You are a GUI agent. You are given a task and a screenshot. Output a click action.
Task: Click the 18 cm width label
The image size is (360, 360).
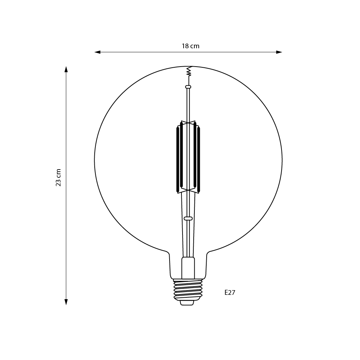(190, 46)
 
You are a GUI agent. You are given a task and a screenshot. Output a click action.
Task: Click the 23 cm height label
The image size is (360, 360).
(58, 177)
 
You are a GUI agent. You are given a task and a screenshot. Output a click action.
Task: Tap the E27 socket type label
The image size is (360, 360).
(230, 292)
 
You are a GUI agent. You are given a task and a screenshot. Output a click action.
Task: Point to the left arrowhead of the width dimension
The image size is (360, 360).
(97, 52)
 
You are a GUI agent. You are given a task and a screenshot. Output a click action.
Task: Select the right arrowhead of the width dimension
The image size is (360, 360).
(279, 52)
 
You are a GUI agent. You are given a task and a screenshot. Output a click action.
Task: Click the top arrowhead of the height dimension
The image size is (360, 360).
(66, 69)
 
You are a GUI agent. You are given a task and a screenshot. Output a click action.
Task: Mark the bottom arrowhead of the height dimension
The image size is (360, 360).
(66, 302)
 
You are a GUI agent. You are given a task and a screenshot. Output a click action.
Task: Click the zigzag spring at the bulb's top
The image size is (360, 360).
(189, 71)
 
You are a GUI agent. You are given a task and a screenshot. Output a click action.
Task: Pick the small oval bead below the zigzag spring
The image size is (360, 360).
(188, 87)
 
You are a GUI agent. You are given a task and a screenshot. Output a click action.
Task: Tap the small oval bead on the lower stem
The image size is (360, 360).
(188, 219)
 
